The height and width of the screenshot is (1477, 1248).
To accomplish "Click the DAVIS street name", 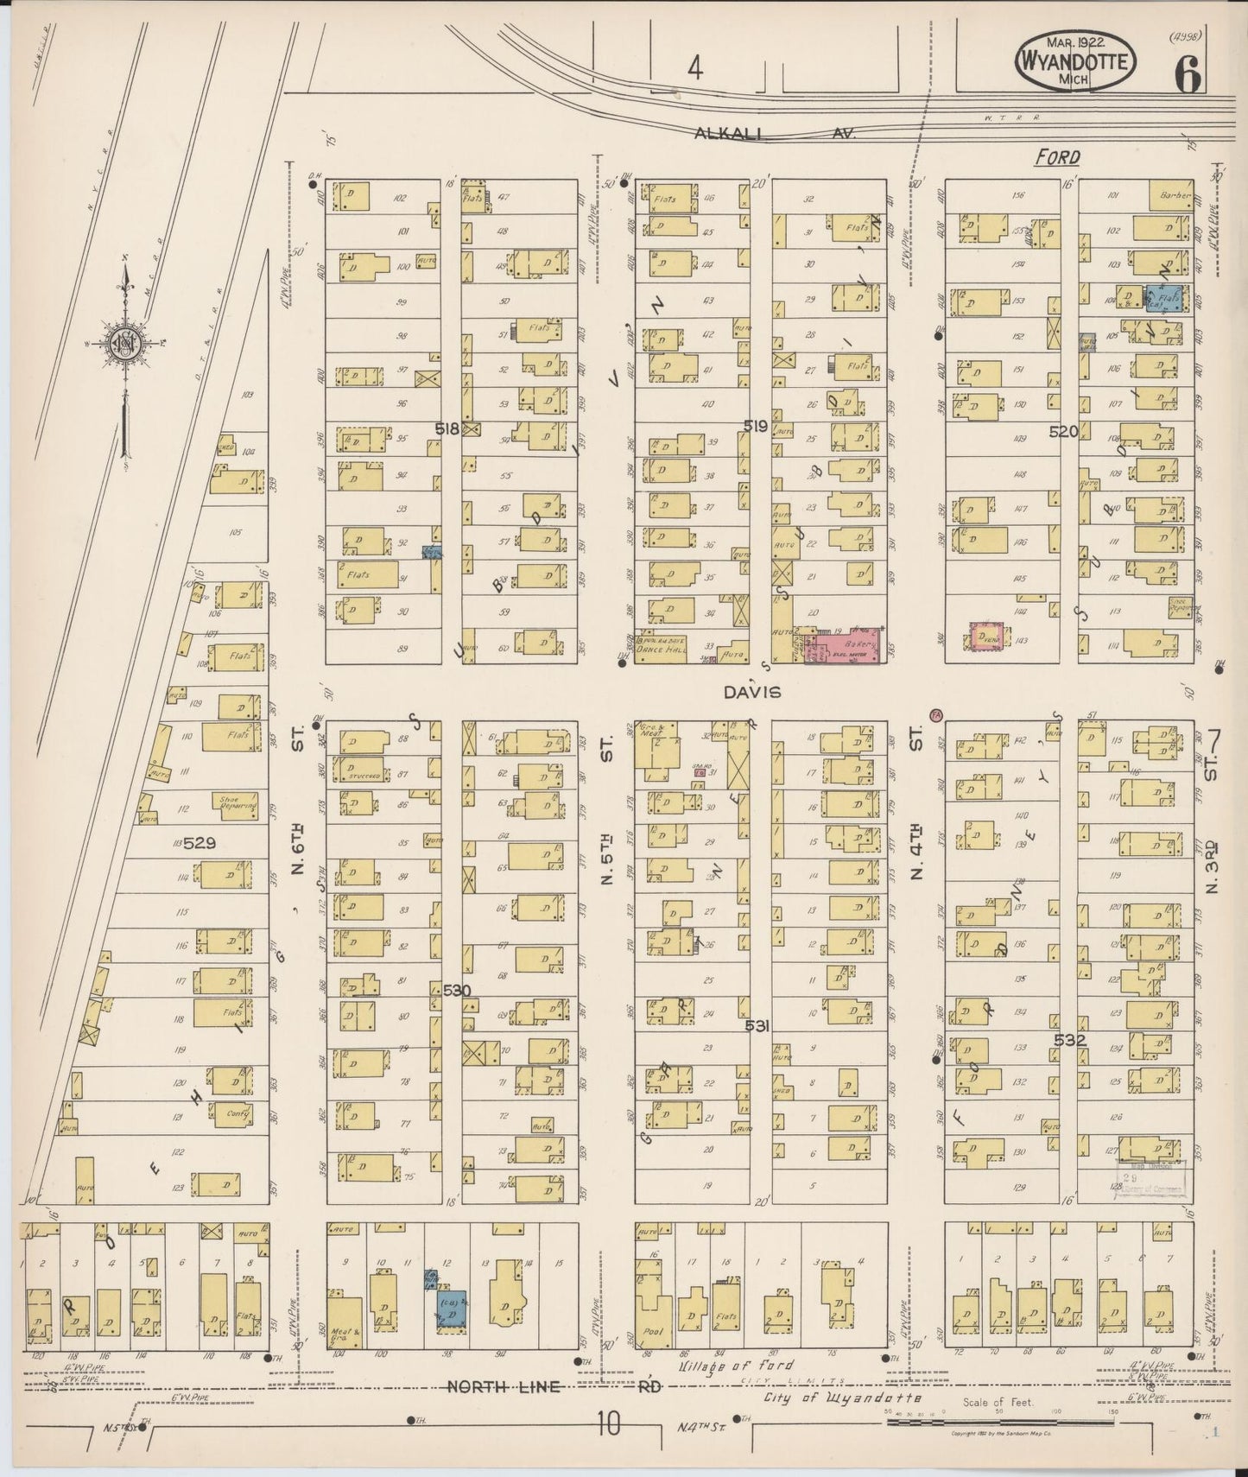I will tap(752, 692).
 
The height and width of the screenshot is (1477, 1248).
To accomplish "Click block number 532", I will tap(1068, 1041).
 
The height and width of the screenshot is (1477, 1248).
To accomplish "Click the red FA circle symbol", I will tap(935, 714).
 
